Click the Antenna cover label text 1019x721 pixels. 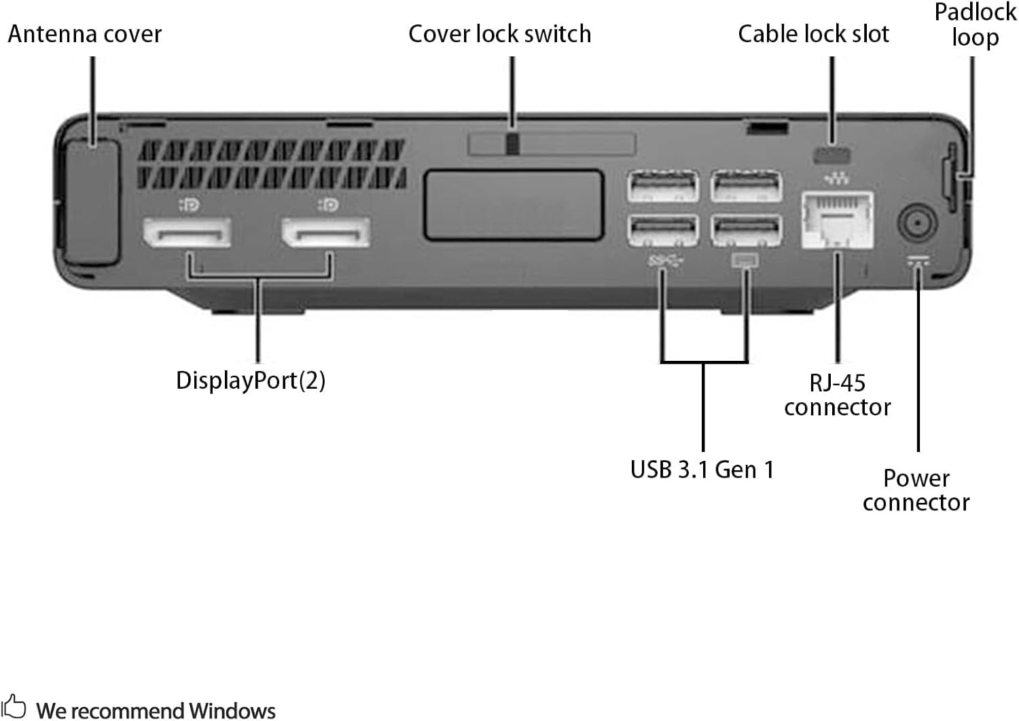coord(85,34)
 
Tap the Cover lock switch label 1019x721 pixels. coord(499,34)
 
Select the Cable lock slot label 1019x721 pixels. coord(813,34)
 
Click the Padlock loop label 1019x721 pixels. coord(975,24)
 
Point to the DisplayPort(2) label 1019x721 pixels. coord(251,381)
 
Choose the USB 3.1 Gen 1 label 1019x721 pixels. coord(702,470)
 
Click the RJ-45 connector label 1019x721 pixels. coord(837,395)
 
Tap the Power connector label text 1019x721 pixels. coord(916,490)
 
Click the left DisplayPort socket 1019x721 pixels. coord(187,233)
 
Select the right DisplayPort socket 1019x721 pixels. coord(326,233)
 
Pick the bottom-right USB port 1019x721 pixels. coord(746,230)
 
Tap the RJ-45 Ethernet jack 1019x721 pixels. coord(837,221)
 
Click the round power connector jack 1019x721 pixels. coord(917,223)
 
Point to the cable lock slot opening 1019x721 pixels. coord(832,155)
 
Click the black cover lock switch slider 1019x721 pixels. coord(513,143)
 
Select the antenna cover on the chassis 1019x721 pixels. coord(92,202)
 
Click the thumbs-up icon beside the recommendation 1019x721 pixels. coord(14,707)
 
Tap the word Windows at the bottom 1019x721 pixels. coord(232,711)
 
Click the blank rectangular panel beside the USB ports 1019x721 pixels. coord(514,205)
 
